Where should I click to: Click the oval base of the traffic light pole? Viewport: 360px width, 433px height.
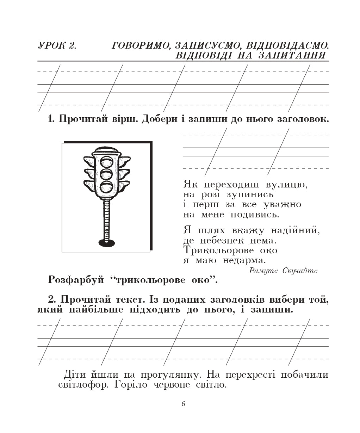[106, 242]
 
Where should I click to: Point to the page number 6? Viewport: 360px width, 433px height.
[183, 404]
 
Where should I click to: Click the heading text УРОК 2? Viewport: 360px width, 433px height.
[57, 45]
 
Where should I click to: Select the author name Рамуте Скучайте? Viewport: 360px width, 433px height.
[283, 271]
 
